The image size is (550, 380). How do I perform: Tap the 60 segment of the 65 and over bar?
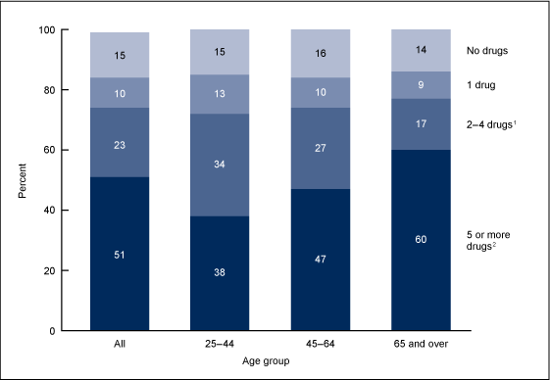pos(420,240)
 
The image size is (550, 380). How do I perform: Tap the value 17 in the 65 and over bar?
pos(420,123)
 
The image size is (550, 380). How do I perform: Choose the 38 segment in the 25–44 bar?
pos(220,273)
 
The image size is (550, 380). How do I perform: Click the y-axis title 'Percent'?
pos(22,180)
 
